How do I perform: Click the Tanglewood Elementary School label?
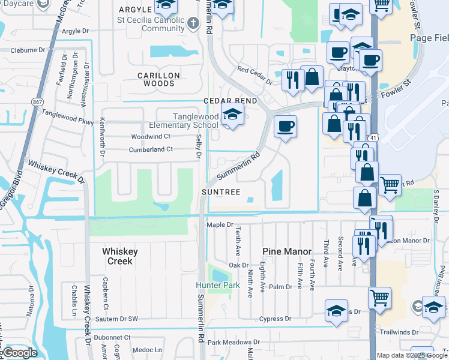click(196, 121)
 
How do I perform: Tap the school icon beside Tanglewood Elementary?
click(231, 115)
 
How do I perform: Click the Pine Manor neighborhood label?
click(288, 251)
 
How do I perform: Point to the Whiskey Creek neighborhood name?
click(120, 256)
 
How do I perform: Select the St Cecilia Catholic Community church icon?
click(193, 23)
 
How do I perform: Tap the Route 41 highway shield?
click(373, 138)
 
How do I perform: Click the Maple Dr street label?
click(220, 225)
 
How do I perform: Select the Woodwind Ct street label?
click(151, 137)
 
